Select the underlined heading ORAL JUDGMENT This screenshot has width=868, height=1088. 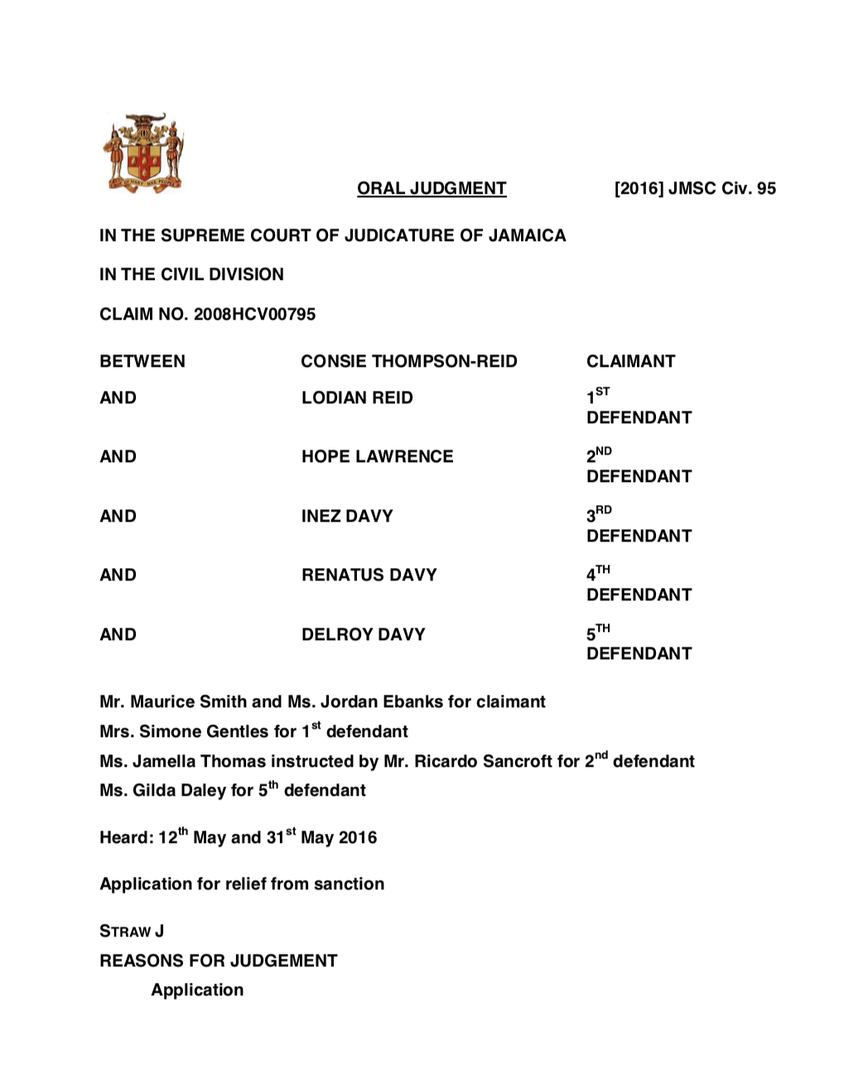(x=432, y=189)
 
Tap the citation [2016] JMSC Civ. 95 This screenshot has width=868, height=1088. (x=695, y=189)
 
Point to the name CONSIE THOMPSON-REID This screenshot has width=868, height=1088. (x=408, y=362)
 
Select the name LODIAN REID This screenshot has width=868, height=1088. (x=357, y=398)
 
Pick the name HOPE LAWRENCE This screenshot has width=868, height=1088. (x=377, y=457)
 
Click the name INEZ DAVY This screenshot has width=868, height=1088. (x=347, y=517)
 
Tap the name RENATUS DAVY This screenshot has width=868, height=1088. (x=369, y=575)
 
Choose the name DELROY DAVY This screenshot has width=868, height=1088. (x=363, y=635)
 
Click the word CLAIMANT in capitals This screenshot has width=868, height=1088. (x=630, y=362)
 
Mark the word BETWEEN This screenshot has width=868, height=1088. (x=142, y=362)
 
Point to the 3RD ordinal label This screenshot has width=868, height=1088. (x=599, y=514)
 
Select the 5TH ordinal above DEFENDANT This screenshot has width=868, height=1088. (x=598, y=633)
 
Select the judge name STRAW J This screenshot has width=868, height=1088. (x=132, y=932)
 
